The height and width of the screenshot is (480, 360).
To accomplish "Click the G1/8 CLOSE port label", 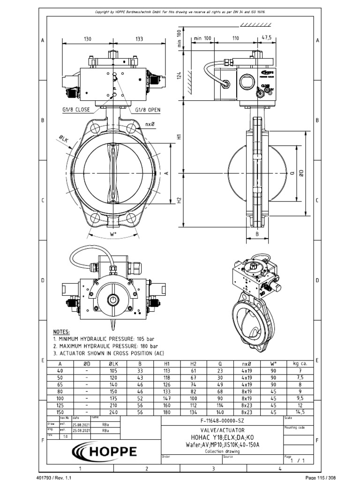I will [x=76, y=110].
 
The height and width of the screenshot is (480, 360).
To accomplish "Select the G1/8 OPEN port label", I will [x=148, y=110].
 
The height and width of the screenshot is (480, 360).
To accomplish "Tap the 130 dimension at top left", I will [x=87, y=39].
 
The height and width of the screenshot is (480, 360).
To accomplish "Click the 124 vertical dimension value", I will [x=179, y=76].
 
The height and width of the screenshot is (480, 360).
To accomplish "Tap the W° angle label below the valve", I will [x=113, y=233].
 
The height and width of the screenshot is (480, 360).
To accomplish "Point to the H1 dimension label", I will [x=179, y=137].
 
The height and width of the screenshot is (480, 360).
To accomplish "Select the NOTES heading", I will [x=61, y=331].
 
